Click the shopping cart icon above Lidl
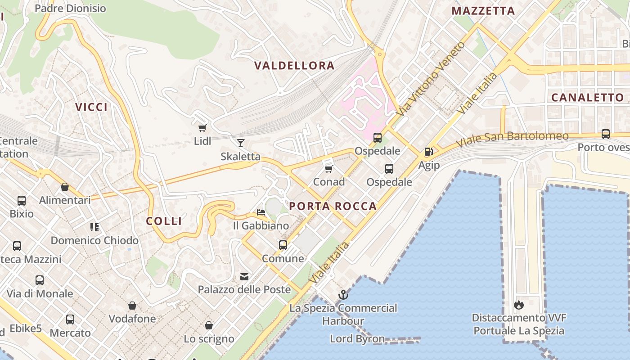(202, 128)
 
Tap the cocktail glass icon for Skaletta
(241, 143)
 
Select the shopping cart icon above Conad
(328, 169)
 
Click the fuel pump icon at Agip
(428, 152)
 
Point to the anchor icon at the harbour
(343, 295)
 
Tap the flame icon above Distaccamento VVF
(518, 305)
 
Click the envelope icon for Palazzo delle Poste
(244, 276)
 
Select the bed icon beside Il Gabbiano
(261, 212)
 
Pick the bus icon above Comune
(283, 245)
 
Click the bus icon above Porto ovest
(606, 134)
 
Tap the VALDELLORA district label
(294, 66)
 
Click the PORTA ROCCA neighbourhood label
(333, 206)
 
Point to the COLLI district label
(164, 221)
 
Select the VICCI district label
(91, 107)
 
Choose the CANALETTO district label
(587, 97)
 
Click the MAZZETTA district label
(483, 11)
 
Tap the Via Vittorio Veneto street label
(431, 78)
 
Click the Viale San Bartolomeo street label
(512, 138)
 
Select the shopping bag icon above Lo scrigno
(209, 325)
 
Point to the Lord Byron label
(357, 339)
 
